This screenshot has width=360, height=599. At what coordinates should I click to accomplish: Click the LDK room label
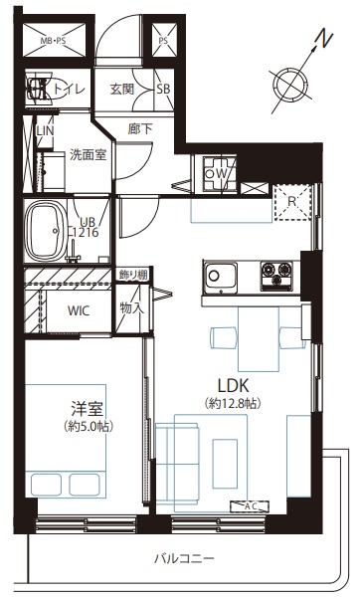point(234,385)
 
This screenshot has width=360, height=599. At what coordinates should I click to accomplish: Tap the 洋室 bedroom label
point(88,409)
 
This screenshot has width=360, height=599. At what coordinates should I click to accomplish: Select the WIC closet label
point(79,310)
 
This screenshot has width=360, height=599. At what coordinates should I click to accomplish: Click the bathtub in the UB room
point(45,232)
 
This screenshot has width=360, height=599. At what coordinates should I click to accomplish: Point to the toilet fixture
point(40,89)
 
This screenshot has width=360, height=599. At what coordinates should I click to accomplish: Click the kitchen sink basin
point(220,277)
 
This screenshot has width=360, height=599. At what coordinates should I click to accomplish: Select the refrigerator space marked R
point(292,202)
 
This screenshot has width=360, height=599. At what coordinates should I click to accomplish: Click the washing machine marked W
point(220,174)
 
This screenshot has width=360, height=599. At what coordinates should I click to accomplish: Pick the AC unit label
point(250,506)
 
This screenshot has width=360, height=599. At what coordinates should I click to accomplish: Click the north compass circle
point(290,84)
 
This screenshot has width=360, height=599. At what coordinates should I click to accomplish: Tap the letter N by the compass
point(324,40)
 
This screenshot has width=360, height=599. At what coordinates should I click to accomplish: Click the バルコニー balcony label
point(184,559)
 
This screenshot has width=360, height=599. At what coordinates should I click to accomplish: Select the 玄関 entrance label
point(122,89)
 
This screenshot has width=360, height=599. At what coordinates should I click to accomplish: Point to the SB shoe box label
point(163,89)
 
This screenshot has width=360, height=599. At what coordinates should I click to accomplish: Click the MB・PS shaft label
point(54,41)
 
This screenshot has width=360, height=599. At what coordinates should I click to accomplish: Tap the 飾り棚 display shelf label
point(133,275)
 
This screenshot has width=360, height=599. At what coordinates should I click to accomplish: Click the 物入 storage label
point(132,307)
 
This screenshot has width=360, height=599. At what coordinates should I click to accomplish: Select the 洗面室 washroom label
point(89,154)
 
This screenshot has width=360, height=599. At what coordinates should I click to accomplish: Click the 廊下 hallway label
point(140,129)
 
